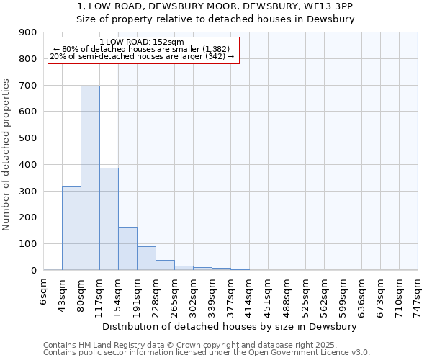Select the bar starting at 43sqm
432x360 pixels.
tap(71, 228)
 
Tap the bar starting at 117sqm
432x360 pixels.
tap(109, 219)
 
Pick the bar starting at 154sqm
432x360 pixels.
tap(127, 248)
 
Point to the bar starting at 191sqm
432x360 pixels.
tap(146, 258)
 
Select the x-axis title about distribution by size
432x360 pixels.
tap(230, 326)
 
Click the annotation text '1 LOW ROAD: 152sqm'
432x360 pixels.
tap(142, 42)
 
